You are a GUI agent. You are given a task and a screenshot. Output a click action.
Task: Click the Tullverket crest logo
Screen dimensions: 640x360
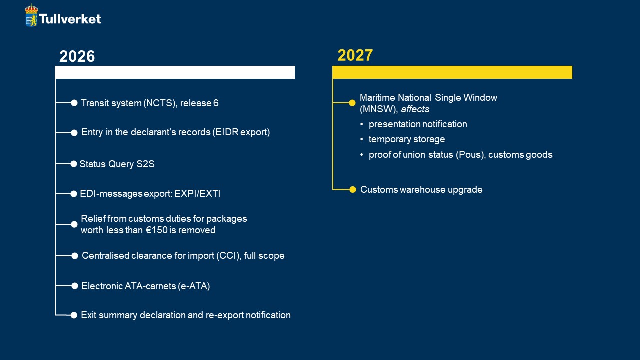(31, 15)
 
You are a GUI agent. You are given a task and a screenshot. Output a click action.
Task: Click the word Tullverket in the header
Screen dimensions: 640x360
(70, 19)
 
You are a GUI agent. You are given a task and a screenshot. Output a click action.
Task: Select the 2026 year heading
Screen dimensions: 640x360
(77, 56)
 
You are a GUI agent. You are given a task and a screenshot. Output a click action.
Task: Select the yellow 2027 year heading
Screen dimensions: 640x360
(355, 55)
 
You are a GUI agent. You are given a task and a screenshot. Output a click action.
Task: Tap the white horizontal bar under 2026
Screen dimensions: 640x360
(175, 72)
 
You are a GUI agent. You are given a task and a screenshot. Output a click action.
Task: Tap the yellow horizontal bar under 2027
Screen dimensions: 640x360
(452, 72)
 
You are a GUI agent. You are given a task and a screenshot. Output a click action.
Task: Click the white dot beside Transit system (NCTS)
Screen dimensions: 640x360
(74, 103)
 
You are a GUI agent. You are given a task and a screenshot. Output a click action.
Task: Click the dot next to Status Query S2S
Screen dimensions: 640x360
(73, 164)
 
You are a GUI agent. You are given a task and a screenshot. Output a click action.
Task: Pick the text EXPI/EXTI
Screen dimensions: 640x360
(197, 194)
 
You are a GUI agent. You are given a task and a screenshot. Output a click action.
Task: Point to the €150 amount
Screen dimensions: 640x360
(157, 230)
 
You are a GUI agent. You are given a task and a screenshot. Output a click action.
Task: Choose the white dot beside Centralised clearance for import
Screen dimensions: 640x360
(75, 256)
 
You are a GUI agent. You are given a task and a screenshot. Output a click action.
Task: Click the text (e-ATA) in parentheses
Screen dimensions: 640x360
(194, 286)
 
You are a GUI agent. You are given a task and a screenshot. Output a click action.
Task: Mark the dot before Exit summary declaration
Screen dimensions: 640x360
(74, 315)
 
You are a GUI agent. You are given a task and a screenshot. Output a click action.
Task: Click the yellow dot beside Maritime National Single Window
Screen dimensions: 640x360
(352, 103)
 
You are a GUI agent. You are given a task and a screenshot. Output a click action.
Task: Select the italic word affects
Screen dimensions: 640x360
(415, 109)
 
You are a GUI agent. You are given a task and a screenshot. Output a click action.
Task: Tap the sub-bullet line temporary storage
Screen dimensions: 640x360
(407, 139)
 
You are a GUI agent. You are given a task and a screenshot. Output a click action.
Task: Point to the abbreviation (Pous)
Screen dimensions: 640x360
(471, 155)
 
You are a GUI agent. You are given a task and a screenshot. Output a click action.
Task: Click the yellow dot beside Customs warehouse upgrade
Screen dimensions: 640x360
(353, 189)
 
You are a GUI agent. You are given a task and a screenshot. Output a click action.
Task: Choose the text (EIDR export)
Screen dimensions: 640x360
(241, 132)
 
